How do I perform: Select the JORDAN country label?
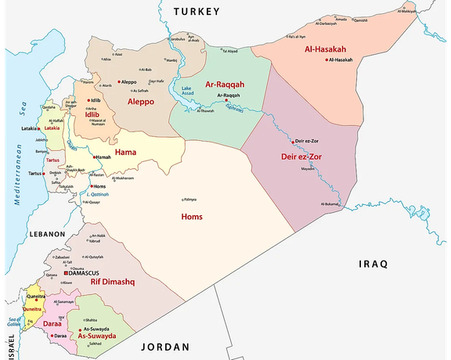pos(165,347)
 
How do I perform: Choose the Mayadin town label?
pos(308,168)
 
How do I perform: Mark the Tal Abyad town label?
pos(232,51)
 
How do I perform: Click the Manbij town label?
pos(172,60)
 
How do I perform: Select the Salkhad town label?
pos(95,344)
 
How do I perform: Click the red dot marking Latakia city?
pos(41,128)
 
